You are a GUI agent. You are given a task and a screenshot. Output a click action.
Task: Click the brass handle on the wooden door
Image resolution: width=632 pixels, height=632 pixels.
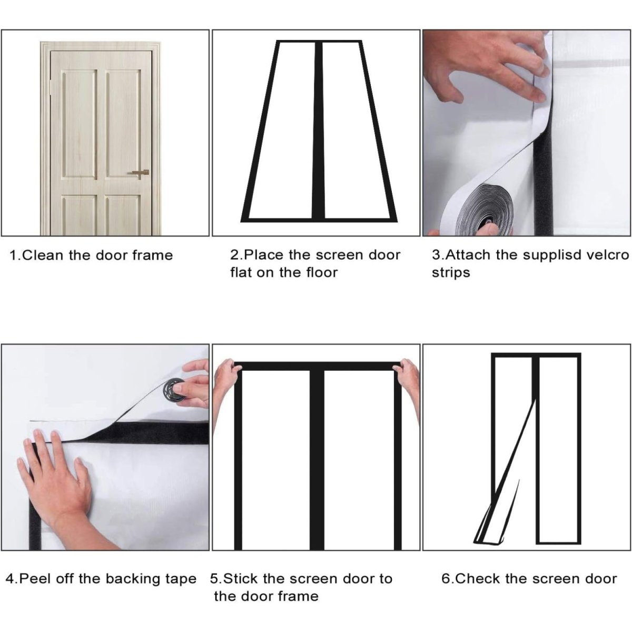pyautogui.click(x=141, y=173)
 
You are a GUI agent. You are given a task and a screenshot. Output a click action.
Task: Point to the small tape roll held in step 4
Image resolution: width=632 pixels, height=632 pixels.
pyautogui.click(x=174, y=390)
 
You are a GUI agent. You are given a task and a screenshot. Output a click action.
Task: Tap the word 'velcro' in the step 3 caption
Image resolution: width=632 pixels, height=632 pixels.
pyautogui.click(x=609, y=255)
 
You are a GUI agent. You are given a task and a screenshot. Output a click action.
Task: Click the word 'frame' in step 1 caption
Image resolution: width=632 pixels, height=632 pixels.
pyautogui.click(x=152, y=255)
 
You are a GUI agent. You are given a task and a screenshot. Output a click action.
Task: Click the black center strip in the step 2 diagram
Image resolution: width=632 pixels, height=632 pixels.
pyautogui.click(x=317, y=131)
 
